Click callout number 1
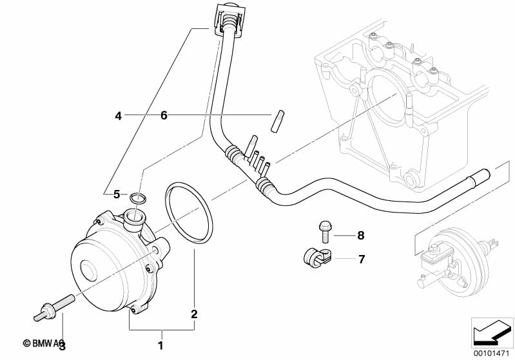(x=161, y=345)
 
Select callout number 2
(x=193, y=314)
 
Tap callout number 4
(x=118, y=116)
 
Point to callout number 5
(x=117, y=193)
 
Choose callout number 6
(x=164, y=116)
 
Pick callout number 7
(x=361, y=259)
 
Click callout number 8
(x=361, y=235)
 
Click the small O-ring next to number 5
(x=137, y=196)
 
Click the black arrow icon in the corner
(x=491, y=334)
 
